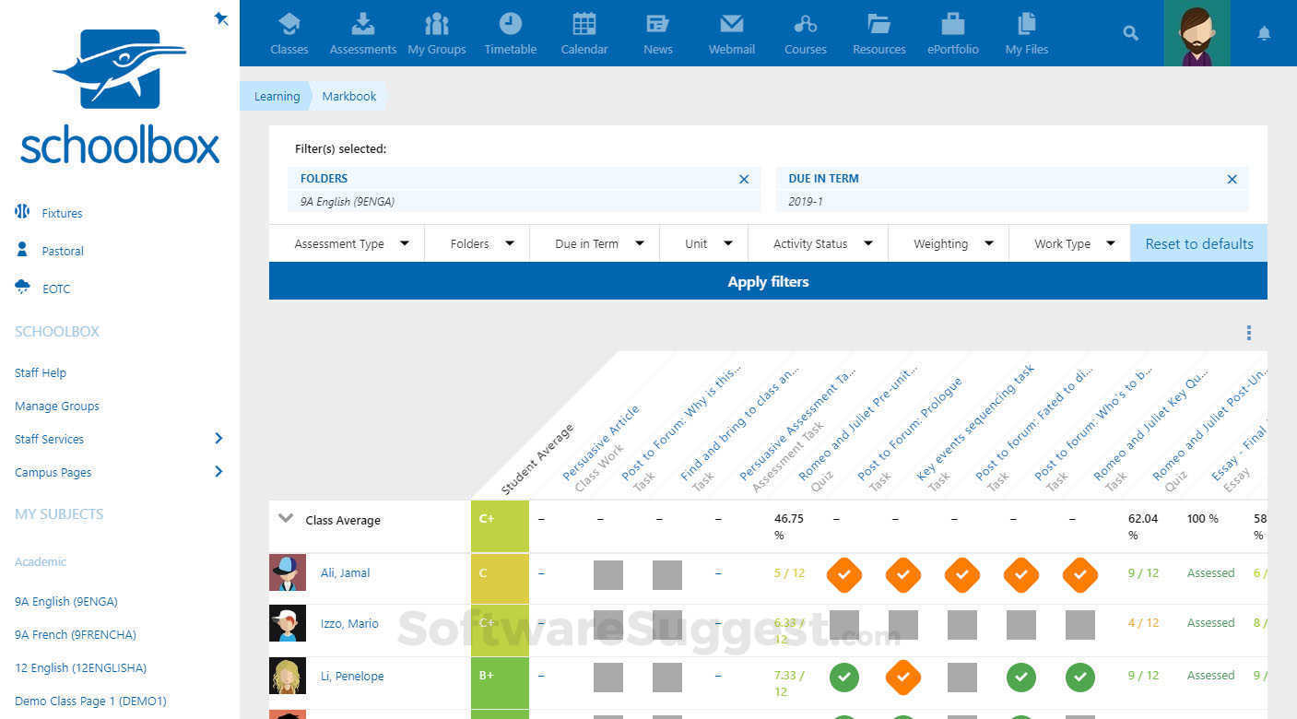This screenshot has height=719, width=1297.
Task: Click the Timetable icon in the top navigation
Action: (510, 25)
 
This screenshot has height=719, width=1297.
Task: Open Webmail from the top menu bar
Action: (731, 25)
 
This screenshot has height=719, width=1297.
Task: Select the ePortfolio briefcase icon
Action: (952, 25)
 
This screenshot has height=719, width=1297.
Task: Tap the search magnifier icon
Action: (1130, 33)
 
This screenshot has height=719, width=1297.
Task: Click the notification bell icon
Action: (1264, 33)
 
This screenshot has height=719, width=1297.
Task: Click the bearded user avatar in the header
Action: (1197, 33)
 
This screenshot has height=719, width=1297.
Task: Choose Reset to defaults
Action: (1198, 244)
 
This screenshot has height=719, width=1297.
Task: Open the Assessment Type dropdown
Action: (350, 244)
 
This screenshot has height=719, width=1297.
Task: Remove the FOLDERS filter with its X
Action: (744, 180)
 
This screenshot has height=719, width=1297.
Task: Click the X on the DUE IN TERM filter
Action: (1232, 180)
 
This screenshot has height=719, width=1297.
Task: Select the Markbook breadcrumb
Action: (348, 97)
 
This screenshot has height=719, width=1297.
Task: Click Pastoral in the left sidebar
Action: (62, 251)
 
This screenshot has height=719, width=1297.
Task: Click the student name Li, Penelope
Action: (351, 676)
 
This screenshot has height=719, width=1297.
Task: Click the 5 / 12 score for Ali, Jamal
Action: (789, 573)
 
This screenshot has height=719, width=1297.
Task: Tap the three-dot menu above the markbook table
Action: (1249, 333)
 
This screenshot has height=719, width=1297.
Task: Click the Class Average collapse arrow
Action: (286, 519)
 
